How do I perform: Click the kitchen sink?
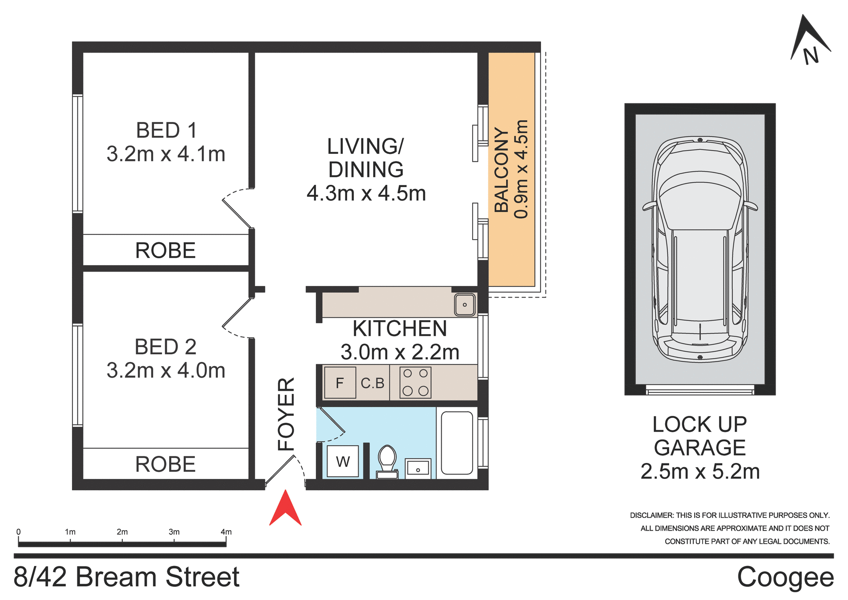pos(465,305)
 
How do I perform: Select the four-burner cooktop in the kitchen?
pos(415,382)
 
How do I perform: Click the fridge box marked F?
pos(340,383)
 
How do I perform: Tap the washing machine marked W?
pos(343,462)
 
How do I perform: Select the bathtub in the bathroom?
pos(457,443)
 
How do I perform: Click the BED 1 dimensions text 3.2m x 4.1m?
pos(166,154)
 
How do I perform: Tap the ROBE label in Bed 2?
pos(165,464)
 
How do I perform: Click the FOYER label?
pos(286,414)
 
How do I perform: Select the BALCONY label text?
pos(502,170)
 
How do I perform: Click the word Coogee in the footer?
pos(785,577)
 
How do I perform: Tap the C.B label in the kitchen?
pos(372,383)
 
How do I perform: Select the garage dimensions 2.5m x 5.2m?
pos(700,472)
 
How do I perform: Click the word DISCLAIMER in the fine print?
pos(651,516)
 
